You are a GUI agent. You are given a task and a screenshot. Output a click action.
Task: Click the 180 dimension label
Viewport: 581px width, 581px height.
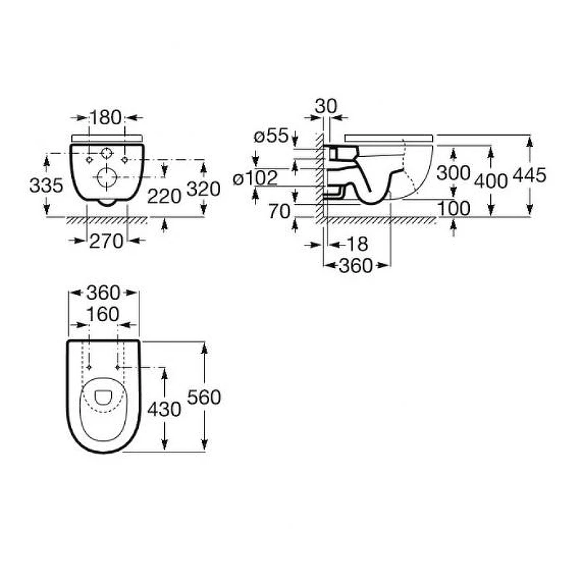105,118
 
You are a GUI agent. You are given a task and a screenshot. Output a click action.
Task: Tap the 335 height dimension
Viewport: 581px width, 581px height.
46,185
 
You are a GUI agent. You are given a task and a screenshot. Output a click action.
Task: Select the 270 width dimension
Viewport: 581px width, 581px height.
106,241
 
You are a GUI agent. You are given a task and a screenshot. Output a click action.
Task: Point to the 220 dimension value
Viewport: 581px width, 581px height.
164,196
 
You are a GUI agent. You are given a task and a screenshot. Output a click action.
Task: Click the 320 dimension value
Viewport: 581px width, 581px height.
203,189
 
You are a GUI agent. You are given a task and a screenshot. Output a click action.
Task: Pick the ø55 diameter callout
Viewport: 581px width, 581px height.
271,136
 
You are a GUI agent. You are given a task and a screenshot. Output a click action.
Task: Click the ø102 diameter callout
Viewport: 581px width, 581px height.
256,178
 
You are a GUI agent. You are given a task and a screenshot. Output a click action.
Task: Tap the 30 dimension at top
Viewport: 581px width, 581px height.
326,106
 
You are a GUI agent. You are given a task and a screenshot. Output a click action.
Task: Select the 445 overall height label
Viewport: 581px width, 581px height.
529,175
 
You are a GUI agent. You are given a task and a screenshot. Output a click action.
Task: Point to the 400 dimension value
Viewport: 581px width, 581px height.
491,181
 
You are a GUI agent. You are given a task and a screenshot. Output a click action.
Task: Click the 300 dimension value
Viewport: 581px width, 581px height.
453,173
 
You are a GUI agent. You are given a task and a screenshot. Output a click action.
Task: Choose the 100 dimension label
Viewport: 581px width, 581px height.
454,208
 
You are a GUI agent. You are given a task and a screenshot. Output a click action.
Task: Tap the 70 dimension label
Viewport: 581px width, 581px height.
279,211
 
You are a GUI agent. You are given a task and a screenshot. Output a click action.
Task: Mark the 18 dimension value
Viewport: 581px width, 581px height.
357,244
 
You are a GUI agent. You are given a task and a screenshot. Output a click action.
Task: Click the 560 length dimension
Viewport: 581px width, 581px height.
204,397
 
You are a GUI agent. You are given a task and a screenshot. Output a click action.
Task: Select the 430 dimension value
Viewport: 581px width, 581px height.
164,409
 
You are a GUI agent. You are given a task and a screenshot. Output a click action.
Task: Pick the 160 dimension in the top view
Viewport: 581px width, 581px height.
102,314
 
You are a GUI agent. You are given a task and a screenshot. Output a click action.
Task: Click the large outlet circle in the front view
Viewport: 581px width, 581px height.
107,177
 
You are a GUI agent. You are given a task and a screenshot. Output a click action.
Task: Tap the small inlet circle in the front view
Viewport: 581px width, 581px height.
107,153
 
